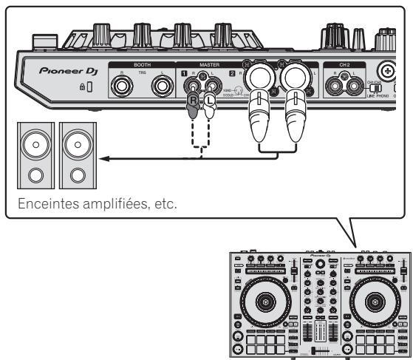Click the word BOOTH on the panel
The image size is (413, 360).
(x=142, y=65)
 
